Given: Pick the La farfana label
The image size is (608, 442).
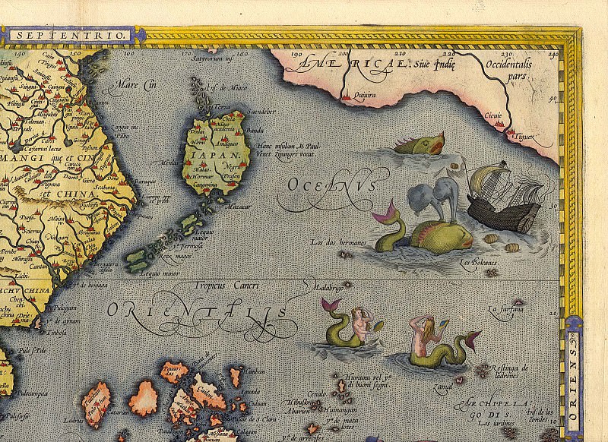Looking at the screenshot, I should pyautogui.click(x=507, y=309).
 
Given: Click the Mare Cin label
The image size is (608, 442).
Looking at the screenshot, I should pyautogui.click(x=130, y=86).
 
